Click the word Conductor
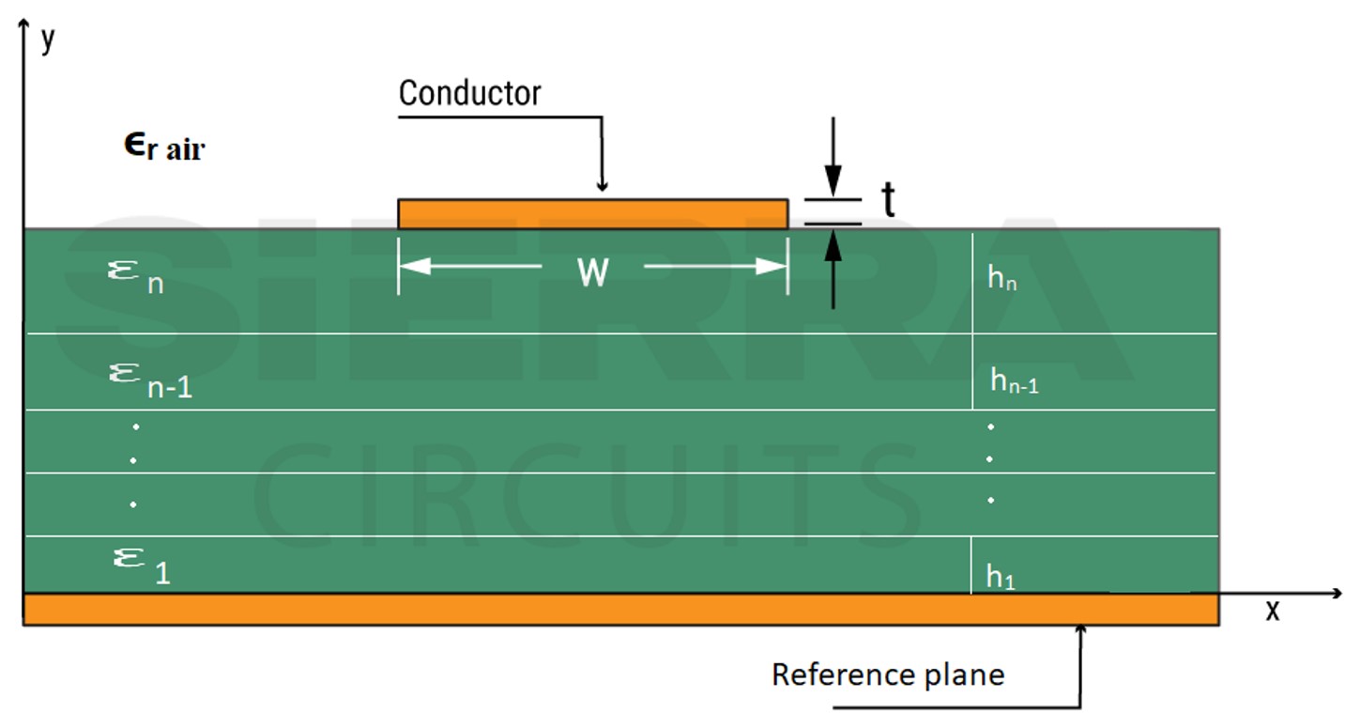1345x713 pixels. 469,93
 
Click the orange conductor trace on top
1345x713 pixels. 591,214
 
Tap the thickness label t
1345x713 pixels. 887,200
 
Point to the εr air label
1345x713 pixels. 164,147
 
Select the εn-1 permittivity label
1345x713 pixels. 150,380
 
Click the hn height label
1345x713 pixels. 1001,279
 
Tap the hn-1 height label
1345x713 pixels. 1014,381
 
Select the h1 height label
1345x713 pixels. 1001,578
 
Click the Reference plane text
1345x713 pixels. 887,674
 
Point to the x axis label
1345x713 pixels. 1273,611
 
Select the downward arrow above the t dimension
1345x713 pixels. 833,178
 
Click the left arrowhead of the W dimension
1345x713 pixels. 413,267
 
